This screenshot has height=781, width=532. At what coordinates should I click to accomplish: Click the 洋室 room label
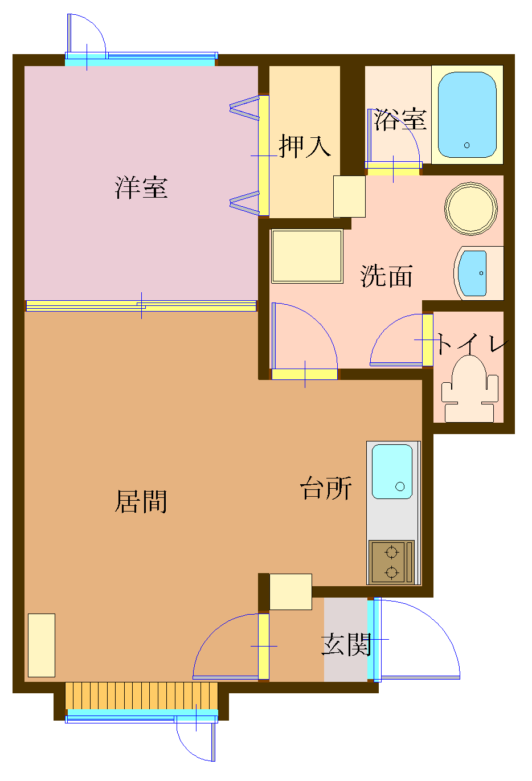[141, 187]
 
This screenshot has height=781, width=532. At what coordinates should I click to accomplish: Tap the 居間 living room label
[141, 502]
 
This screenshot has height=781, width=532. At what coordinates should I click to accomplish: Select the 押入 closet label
[305, 146]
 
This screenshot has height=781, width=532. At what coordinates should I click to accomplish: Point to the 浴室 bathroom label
[400, 120]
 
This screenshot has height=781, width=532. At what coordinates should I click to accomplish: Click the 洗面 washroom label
[386, 276]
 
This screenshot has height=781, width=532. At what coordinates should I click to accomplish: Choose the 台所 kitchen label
[326, 489]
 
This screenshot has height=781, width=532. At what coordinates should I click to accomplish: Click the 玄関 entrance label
[346, 644]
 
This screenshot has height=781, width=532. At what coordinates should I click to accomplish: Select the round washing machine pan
[471, 208]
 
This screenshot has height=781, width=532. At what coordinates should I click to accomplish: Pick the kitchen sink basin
[392, 472]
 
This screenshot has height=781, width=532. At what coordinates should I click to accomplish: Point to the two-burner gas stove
[391, 562]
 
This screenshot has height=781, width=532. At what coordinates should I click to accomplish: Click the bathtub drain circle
[467, 145]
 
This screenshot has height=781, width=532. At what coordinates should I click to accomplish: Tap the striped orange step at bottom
[141, 695]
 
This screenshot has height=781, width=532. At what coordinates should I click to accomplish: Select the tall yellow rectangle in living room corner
[41, 645]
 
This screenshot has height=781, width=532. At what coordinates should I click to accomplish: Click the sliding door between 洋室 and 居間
[141, 306]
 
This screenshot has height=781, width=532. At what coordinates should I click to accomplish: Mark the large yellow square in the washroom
[307, 256]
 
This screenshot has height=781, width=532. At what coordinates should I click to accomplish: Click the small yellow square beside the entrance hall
[290, 592]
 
